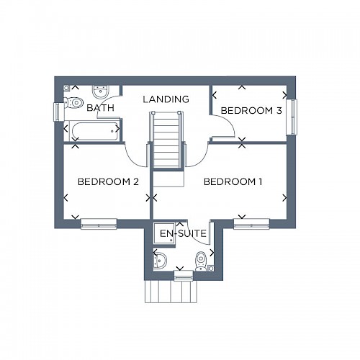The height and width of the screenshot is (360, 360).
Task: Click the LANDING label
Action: (x=166, y=99)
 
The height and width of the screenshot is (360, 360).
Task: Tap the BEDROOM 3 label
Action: (x=251, y=111)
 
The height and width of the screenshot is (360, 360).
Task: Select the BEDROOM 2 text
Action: (x=108, y=181)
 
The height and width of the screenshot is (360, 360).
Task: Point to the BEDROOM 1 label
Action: (x=233, y=181)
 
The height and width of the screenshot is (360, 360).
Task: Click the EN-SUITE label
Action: (x=183, y=233)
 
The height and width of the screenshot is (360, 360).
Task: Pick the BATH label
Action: (x=100, y=108)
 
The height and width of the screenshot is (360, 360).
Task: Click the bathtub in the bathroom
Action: (x=94, y=131)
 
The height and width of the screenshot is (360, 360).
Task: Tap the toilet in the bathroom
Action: (x=73, y=103)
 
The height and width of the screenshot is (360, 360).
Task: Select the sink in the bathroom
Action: (x=101, y=92)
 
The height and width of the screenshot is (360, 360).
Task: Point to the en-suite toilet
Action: (x=201, y=261)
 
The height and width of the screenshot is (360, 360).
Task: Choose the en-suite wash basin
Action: (x=160, y=261)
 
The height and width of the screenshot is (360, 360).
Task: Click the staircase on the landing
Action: (x=166, y=140)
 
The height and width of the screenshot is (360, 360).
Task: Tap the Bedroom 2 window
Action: (x=99, y=224)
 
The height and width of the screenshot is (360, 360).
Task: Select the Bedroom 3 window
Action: (x=292, y=117)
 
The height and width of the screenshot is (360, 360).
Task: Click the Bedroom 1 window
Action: (x=251, y=224)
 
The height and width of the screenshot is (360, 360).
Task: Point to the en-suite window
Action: (x=184, y=276)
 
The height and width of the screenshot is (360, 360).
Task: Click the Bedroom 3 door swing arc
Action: (x=228, y=122)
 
